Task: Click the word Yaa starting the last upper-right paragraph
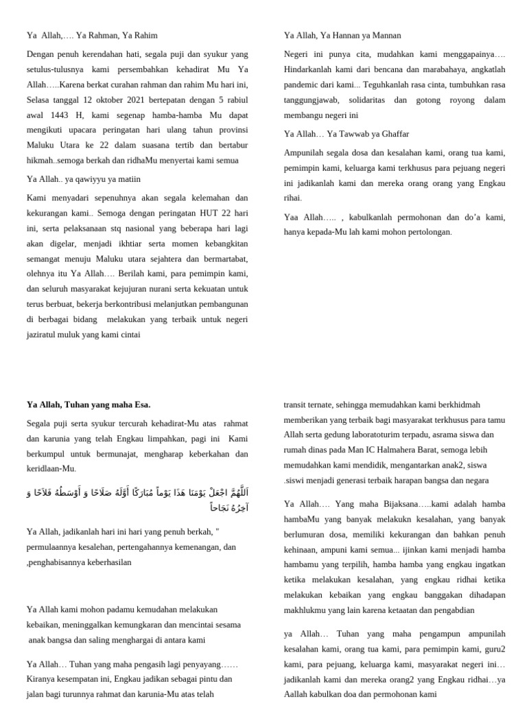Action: click(x=292, y=217)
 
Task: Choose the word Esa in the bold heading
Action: click(x=143, y=404)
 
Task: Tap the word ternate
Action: click(x=326, y=404)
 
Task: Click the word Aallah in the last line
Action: click(x=296, y=694)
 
